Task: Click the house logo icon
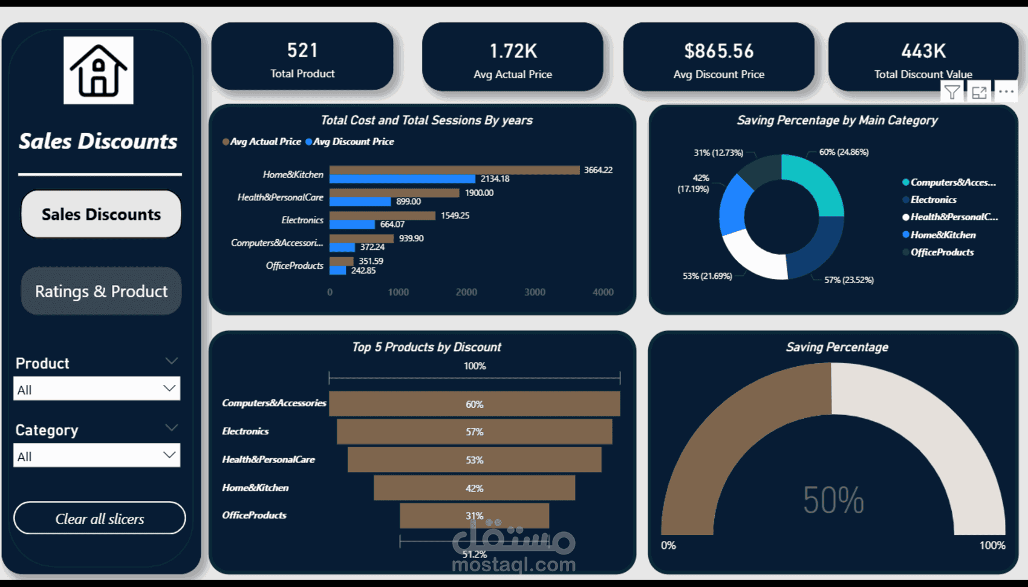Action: coord(99,71)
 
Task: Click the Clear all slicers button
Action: coord(100,519)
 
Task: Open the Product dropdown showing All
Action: coord(97,389)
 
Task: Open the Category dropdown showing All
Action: coord(97,456)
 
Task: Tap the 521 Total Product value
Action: coord(302,50)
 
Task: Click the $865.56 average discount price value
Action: coord(719,51)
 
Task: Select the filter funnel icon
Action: coord(952,93)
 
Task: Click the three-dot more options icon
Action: coord(1006,92)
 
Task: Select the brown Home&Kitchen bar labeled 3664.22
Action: coord(454,170)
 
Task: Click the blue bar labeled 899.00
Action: coord(360,202)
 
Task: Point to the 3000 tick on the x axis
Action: coord(535,292)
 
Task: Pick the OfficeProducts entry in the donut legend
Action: coord(942,252)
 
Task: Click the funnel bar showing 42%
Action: coord(474,488)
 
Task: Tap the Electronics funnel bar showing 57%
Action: coord(474,431)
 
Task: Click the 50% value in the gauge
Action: coord(833,500)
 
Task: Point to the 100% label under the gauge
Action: coord(992,545)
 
